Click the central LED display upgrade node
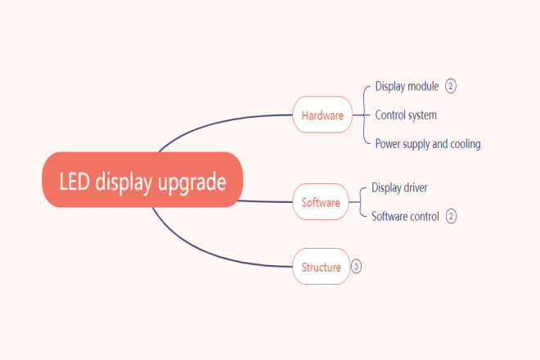142,179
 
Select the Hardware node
322,115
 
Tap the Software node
321,202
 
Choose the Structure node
322,266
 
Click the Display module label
407,86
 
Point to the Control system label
406,115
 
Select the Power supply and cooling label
428,144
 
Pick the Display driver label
399,187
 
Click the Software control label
405,216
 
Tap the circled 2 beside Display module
451,86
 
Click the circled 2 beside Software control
451,216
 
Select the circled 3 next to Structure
356,266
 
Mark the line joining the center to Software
265,201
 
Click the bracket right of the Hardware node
364,115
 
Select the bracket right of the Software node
360,202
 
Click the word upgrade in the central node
191,182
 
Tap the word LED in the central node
74,181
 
